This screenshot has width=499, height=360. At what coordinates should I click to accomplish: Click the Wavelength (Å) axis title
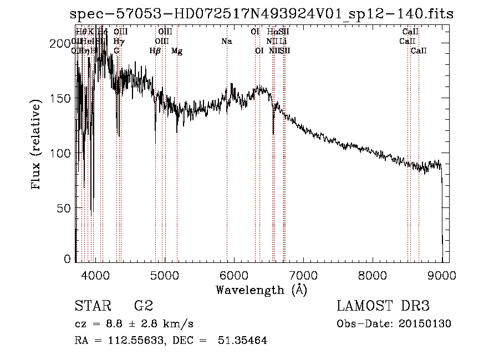[261, 290]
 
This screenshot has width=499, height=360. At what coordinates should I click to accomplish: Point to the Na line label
[226, 41]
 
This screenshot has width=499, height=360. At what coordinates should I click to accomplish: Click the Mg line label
[177, 51]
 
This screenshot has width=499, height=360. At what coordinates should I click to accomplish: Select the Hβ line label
[155, 51]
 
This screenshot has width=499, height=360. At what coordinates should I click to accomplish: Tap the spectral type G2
[144, 306]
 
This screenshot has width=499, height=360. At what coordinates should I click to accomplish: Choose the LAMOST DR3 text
[383, 306]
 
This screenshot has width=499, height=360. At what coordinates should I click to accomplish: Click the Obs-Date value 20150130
[427, 324]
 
